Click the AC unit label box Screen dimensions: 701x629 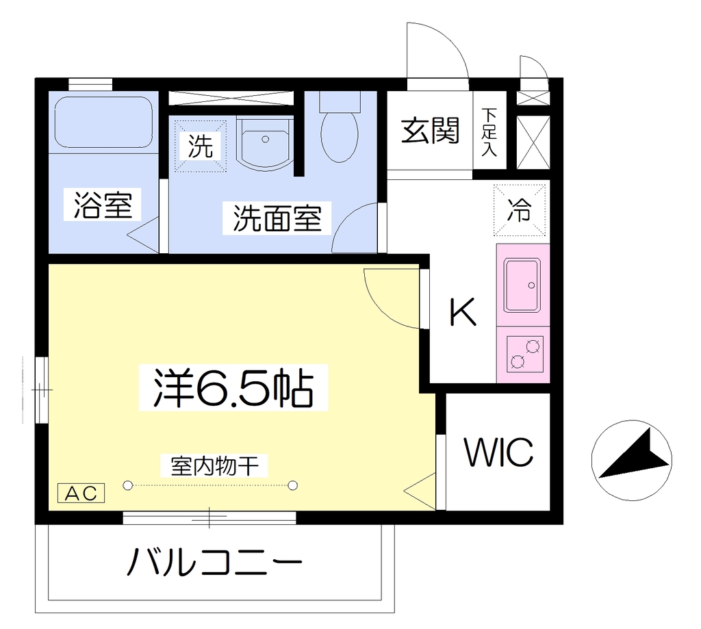click(x=81, y=493)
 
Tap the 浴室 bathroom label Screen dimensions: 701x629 click(x=103, y=205)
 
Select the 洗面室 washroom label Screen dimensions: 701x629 click(x=277, y=218)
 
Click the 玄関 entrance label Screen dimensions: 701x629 click(x=430, y=130)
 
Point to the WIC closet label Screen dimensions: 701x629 click(x=499, y=452)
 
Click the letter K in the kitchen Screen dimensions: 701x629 click(x=462, y=311)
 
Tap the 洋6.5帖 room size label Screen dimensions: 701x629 click(x=233, y=387)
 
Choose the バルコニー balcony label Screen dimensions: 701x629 click(x=214, y=561)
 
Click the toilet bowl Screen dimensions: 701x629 click(x=340, y=136)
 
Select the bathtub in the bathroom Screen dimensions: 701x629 click(x=104, y=121)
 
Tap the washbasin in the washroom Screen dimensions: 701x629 click(x=265, y=142)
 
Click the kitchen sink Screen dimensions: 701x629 click(x=522, y=285)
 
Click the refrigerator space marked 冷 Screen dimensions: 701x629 click(x=520, y=209)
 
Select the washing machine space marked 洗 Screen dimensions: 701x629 click(x=201, y=145)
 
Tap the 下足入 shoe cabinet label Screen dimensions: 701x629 click(x=489, y=131)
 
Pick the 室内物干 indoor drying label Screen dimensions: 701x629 click(x=214, y=466)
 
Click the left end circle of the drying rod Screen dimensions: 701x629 click(x=128, y=485)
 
